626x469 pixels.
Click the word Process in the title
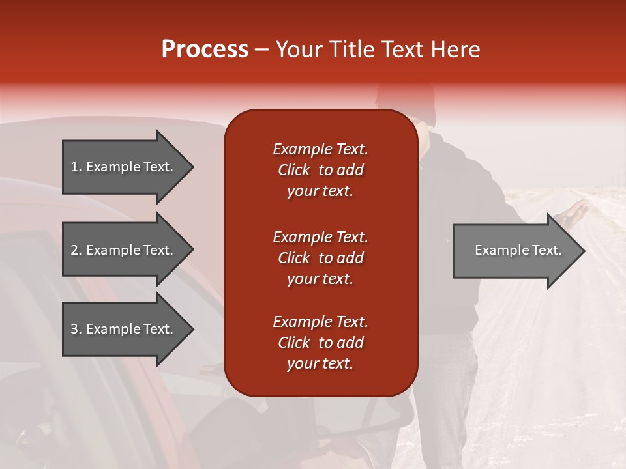(205, 50)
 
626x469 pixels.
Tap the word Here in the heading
(454, 50)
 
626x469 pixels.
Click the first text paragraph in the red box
(320, 170)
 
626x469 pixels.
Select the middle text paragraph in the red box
(320, 258)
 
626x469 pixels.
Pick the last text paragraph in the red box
(320, 343)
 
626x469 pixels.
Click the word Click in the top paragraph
(293, 170)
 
